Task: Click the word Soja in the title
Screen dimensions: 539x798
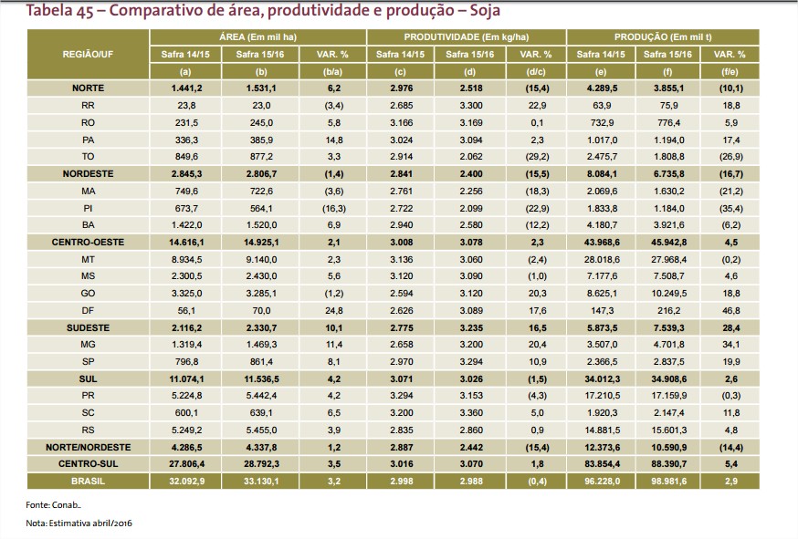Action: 480,11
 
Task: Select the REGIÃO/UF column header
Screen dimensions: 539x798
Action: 88,55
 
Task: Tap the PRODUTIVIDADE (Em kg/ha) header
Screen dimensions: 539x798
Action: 466,37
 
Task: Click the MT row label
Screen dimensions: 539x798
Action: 88,259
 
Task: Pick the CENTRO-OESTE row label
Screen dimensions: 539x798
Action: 88,243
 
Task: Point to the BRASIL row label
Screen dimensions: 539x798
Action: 88,481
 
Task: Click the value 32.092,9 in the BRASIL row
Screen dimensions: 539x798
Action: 185,481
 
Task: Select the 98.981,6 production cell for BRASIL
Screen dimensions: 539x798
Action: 700,481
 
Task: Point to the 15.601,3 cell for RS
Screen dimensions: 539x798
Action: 700,430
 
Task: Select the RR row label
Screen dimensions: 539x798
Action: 88,106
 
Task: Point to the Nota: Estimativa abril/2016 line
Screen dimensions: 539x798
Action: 79,523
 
